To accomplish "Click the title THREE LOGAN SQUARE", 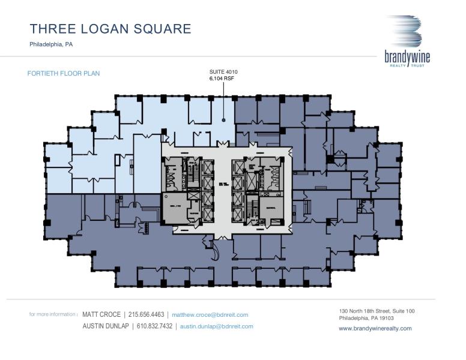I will click(110, 29).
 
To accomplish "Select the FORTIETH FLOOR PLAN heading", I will click(64, 74).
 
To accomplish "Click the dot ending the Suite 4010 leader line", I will click(223, 120).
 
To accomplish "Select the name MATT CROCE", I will click(101, 314).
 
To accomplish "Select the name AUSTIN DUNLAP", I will click(106, 326).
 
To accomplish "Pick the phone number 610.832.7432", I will click(154, 326).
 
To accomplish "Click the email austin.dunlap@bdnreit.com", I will click(216, 326).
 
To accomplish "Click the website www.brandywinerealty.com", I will click(375, 328).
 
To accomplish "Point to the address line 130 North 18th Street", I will click(377, 311).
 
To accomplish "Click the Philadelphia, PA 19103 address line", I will click(367, 318).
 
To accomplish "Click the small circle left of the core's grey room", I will click(165, 196).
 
